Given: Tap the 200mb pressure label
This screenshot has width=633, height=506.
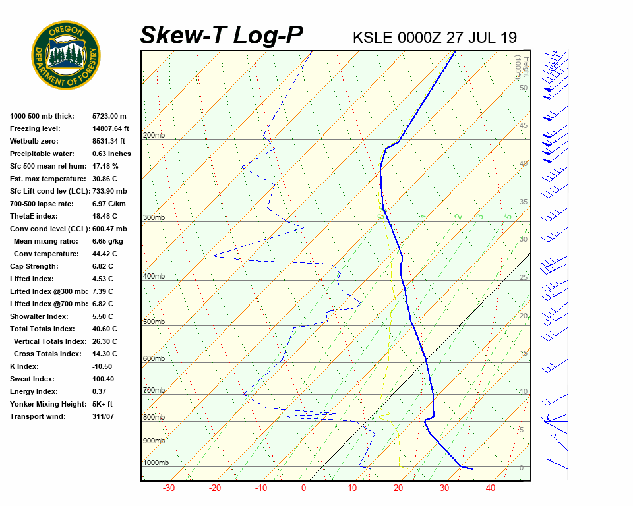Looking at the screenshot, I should (x=154, y=136).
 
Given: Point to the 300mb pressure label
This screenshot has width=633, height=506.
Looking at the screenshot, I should (x=154, y=217).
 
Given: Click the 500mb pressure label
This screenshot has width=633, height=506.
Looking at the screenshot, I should (x=154, y=322).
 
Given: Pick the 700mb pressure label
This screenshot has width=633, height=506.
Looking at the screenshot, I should (x=154, y=390).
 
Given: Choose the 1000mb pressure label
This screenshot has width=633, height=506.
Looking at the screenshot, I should (x=156, y=463).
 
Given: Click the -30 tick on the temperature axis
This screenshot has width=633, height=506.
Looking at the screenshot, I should (x=169, y=488).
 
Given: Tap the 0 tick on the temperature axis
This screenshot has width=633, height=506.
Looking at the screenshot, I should (x=303, y=488).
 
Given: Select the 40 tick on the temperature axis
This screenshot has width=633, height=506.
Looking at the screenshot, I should (x=490, y=488).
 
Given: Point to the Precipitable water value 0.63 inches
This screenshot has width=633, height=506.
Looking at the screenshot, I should (x=111, y=154).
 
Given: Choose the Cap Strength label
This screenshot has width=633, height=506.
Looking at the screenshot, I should (x=34, y=266).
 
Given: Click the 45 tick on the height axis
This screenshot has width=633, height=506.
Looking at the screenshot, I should (x=524, y=126).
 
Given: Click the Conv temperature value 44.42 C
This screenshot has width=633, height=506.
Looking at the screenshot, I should (x=105, y=254).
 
